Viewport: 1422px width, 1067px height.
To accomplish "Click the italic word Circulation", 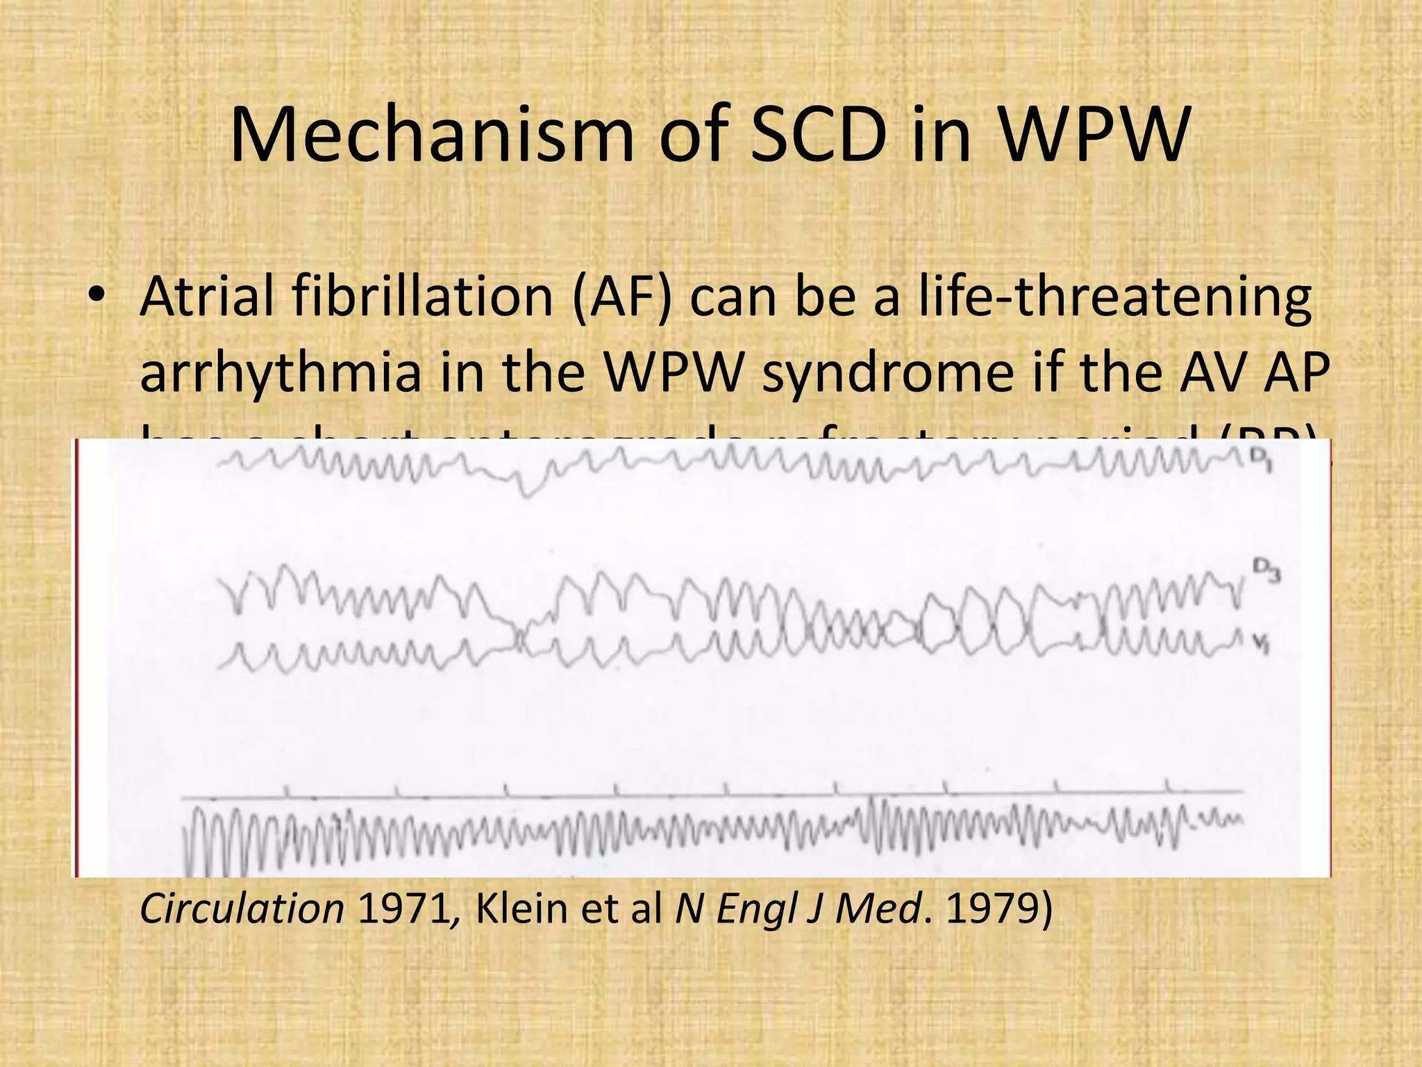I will click(242, 909).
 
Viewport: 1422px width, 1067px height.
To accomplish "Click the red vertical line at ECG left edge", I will click(75, 656).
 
